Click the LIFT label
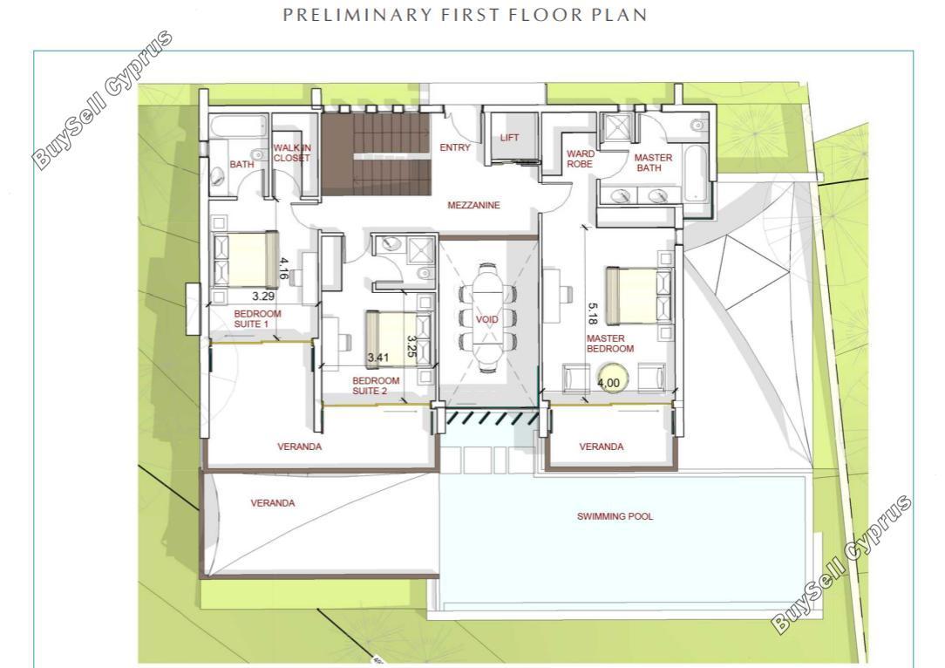click(509, 138)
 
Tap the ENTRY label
click(455, 147)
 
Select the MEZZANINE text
click(473, 205)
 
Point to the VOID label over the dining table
click(487, 319)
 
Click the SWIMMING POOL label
click(615, 516)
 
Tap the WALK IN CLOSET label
click(292, 153)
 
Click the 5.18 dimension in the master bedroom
click(593, 313)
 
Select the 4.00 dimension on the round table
click(608, 383)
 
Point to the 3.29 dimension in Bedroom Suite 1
click(263, 296)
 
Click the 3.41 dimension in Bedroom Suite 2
click(378, 358)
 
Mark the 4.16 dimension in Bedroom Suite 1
click(283, 269)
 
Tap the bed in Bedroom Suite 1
click(246, 259)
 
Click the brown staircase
click(376, 154)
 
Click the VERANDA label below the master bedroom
click(602, 446)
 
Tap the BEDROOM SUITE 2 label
click(376, 385)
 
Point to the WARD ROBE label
click(580, 159)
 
